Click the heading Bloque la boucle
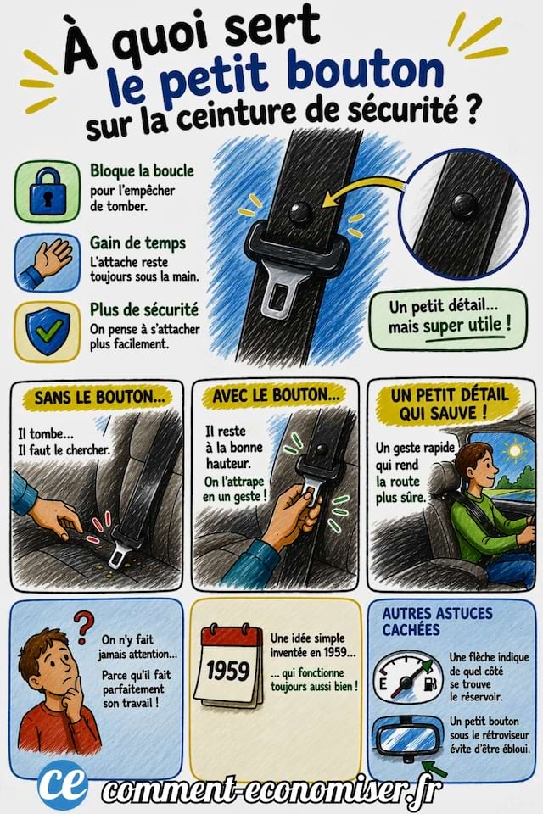(142, 171)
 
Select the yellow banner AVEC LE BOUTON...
(279, 395)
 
